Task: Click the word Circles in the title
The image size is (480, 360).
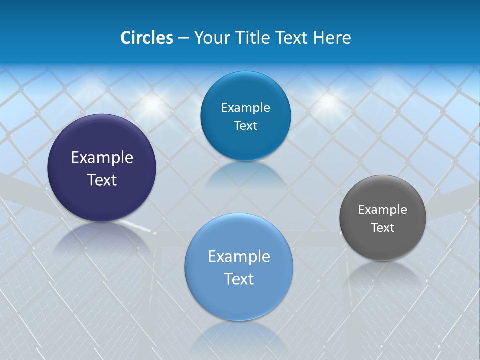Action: pyautogui.click(x=146, y=37)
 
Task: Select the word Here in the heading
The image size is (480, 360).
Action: pyautogui.click(x=332, y=37)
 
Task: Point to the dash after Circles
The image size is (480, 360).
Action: pyautogui.click(x=183, y=38)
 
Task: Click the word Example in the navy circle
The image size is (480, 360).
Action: pyautogui.click(x=102, y=158)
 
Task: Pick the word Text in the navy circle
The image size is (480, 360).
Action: pyautogui.click(x=102, y=180)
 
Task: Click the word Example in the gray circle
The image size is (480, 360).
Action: pyautogui.click(x=383, y=210)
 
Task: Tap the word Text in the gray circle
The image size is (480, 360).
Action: pyautogui.click(x=383, y=228)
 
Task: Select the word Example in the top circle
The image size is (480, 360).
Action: pyautogui.click(x=245, y=108)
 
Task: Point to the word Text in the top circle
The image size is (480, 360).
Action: pyautogui.click(x=245, y=126)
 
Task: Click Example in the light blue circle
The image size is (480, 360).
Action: pyautogui.click(x=239, y=257)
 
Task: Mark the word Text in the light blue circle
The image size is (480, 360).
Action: pyautogui.click(x=239, y=279)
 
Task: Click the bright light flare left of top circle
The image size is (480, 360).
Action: pyautogui.click(x=152, y=104)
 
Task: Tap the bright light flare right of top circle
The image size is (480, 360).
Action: pyautogui.click(x=327, y=101)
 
